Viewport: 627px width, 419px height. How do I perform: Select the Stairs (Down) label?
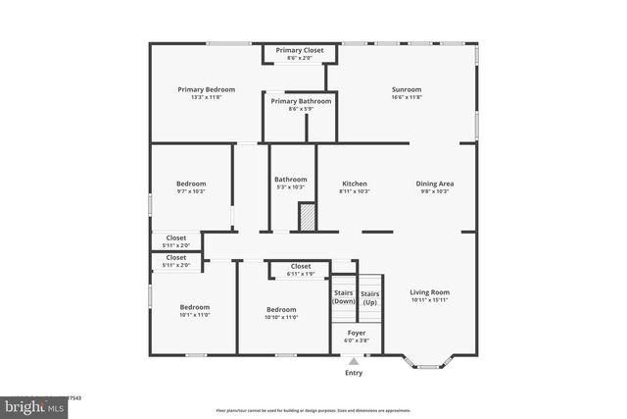[344, 296]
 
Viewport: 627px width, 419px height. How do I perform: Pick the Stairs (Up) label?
[369, 297]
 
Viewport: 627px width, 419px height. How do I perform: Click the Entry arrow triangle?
[354, 361]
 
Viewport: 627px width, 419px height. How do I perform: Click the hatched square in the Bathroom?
[307, 216]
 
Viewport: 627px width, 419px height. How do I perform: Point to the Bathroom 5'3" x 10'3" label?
[291, 183]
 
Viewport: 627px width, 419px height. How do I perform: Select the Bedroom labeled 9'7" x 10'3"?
[191, 186]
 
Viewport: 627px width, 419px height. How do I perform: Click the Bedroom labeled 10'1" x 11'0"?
[194, 311]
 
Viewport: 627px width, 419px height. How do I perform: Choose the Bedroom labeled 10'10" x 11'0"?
[281, 311]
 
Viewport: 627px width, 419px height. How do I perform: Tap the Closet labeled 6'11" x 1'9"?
[301, 269]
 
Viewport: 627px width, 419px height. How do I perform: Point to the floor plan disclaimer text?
[313, 410]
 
